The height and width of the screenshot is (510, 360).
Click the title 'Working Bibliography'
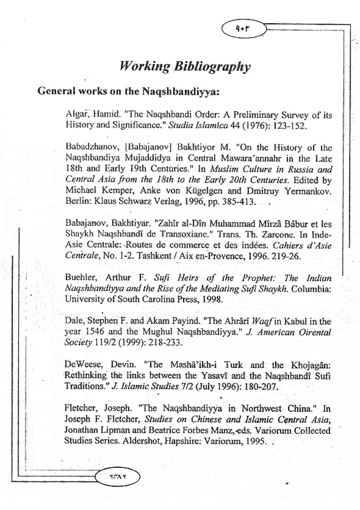point(185,67)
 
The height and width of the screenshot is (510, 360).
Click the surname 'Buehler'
point(81,278)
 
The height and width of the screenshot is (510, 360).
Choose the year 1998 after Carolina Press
point(213,300)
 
